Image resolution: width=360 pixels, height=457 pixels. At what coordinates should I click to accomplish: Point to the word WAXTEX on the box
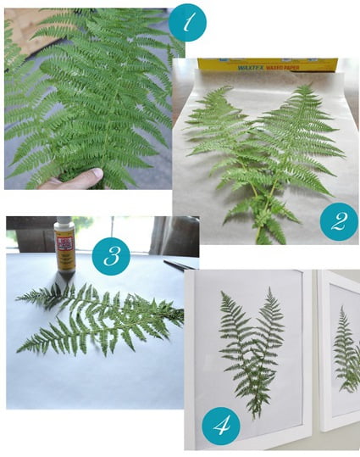[223, 64]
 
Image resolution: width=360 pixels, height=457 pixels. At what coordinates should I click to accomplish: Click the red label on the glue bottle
[64, 249]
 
